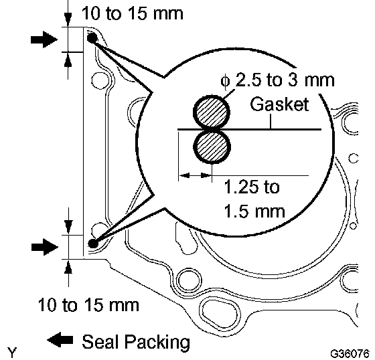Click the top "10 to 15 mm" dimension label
click(133, 13)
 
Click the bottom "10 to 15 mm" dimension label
click(88, 304)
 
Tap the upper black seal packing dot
click(92, 37)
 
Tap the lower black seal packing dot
click(93, 244)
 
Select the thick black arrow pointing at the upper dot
click(44, 39)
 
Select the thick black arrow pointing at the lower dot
click(45, 247)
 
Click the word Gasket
click(279, 104)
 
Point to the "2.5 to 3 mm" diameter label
click(285, 80)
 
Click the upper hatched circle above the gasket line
click(212, 112)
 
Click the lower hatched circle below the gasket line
click(212, 147)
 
